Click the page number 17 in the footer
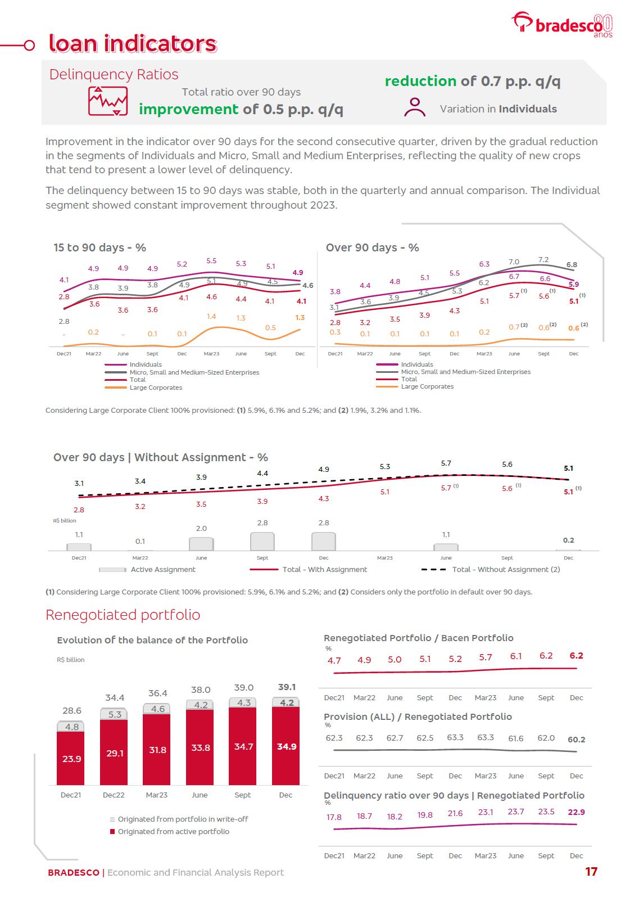click(x=591, y=872)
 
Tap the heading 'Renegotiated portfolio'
click(x=123, y=615)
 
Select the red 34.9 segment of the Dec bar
click(x=286, y=746)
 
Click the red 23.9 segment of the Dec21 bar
click(x=71, y=758)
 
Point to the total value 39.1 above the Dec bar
click(x=287, y=687)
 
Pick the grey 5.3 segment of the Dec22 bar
click(x=114, y=714)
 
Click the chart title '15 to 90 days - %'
click(x=99, y=247)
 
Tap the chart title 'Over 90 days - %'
click(x=372, y=247)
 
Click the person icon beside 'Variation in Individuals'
click(x=415, y=107)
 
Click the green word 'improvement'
click(x=188, y=109)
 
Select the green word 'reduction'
click(x=420, y=82)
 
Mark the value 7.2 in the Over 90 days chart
click(x=543, y=260)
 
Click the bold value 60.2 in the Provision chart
click(x=576, y=740)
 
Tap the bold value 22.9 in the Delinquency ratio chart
click(x=576, y=812)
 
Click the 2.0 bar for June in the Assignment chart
click(x=201, y=544)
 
